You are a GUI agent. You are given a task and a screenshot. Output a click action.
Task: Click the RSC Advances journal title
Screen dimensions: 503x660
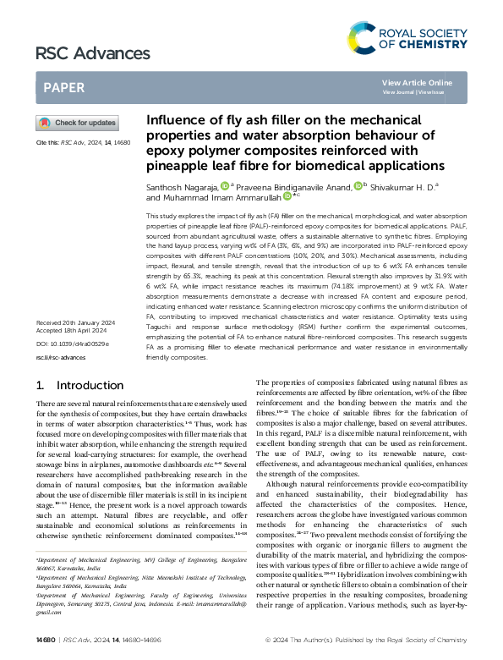point(93,54)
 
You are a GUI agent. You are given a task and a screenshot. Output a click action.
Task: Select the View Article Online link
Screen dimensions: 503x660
point(417,82)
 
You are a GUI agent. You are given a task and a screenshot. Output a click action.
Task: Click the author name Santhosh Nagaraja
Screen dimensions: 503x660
point(182,185)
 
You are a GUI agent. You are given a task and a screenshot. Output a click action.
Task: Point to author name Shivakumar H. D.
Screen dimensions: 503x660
point(397,185)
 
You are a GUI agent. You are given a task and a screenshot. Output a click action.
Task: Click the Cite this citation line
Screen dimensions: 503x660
point(83,143)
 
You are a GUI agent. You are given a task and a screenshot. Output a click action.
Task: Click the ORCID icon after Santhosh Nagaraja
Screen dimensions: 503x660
point(224,184)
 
